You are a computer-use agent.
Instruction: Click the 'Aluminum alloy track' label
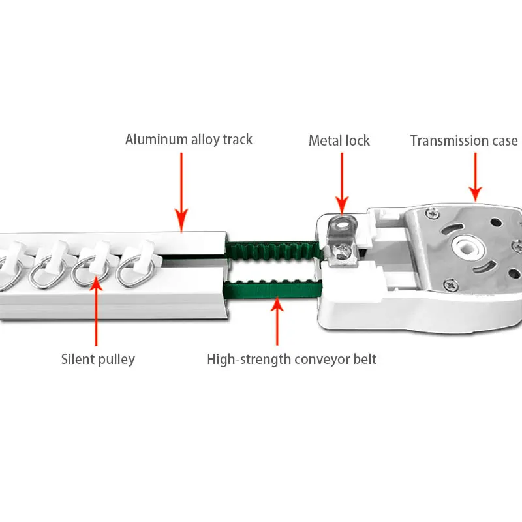click(x=189, y=140)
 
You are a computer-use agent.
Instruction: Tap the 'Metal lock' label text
click(x=339, y=141)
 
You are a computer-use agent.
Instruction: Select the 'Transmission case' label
click(x=463, y=141)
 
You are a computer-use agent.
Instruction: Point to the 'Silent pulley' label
click(x=98, y=360)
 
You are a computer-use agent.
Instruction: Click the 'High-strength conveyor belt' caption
click(x=292, y=360)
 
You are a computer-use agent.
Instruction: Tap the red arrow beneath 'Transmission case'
click(x=476, y=176)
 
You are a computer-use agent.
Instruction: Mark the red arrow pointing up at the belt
click(x=277, y=320)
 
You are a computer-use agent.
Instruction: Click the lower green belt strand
click(x=271, y=286)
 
